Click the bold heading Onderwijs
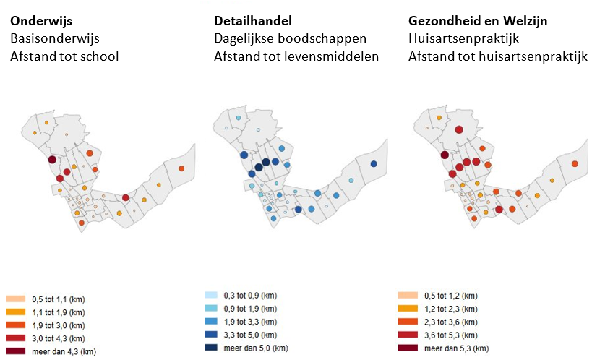tap(41, 21)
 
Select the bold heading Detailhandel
tap(252, 21)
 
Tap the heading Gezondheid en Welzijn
tap(478, 21)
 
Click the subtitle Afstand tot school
tap(64, 56)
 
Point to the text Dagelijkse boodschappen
tap(290, 38)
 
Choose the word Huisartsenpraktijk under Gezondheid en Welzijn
tap(463, 38)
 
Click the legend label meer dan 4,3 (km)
tap(64, 352)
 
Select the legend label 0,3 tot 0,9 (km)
tap(250, 296)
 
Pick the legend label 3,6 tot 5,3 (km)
tap(451, 335)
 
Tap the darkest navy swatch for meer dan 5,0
tap(211, 348)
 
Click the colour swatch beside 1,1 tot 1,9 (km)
tap(15, 312)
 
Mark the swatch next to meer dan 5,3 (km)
tap(408, 348)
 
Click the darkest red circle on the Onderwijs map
tap(52, 160)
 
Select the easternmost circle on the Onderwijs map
tap(181, 168)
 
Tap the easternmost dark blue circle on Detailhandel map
tap(374, 164)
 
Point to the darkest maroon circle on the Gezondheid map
tap(445, 155)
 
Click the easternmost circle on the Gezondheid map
tap(575, 164)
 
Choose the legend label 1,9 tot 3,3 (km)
tap(250, 322)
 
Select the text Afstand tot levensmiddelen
tap(296, 56)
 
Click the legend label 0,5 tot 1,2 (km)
tap(451, 296)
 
